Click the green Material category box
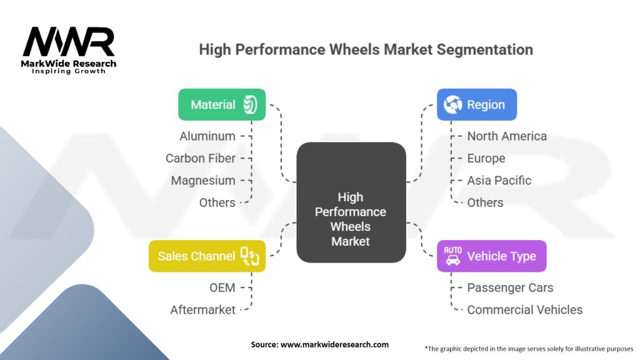pyautogui.click(x=222, y=104)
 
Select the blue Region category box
pyautogui.click(x=476, y=104)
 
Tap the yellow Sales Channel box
pyautogui.click(x=207, y=256)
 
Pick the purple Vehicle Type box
pyautogui.click(x=491, y=256)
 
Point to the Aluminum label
pyautogui.click(x=207, y=136)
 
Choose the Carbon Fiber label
pyautogui.click(x=201, y=158)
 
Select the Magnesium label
pyautogui.click(x=203, y=181)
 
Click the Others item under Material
pyautogui.click(x=217, y=202)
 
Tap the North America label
pyautogui.click(x=507, y=136)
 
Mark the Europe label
pyautogui.click(x=486, y=158)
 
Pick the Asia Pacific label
pyautogui.click(x=499, y=181)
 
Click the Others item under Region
pyautogui.click(x=486, y=202)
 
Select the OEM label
pyautogui.click(x=222, y=287)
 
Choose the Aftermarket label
pyautogui.click(x=203, y=309)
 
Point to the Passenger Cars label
pyautogui.click(x=510, y=287)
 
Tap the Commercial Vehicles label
pyautogui.click(x=525, y=309)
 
